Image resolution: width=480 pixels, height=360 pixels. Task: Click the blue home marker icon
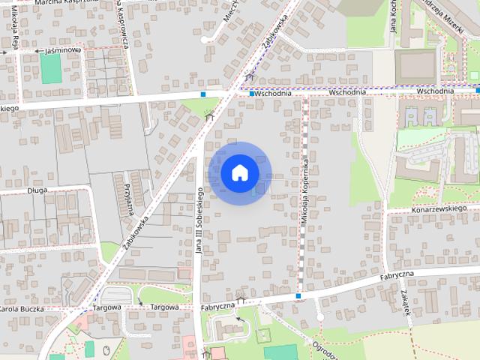[x=238, y=172]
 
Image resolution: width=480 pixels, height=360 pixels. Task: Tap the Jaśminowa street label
[x=63, y=50]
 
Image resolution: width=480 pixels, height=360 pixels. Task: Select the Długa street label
[x=36, y=190]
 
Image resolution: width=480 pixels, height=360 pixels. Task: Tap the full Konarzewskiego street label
[x=439, y=209]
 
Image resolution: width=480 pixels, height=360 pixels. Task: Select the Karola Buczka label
[x=21, y=309]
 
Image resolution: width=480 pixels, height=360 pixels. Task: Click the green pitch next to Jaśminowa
[x=51, y=68]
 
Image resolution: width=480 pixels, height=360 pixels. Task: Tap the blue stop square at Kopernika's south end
[x=298, y=296]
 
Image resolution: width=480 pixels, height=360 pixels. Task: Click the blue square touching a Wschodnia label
[x=252, y=94]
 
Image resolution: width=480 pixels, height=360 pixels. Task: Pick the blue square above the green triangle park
[x=204, y=94]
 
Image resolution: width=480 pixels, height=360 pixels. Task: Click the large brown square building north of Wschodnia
[x=415, y=66]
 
